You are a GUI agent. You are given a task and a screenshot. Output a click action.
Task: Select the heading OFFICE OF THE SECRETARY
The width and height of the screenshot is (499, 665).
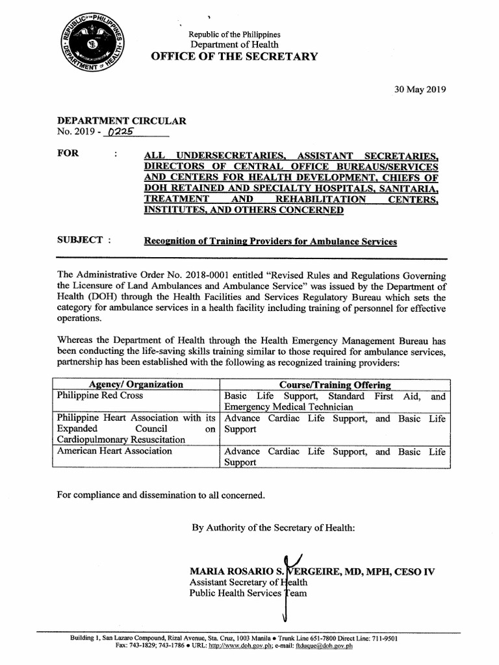click(235, 56)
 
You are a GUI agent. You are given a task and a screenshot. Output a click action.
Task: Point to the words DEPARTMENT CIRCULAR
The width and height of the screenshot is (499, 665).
click(122, 121)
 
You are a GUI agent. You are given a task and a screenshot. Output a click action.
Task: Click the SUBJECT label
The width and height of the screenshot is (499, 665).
click(81, 240)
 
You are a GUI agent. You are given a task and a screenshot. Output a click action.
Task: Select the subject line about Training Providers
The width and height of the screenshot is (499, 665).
click(270, 242)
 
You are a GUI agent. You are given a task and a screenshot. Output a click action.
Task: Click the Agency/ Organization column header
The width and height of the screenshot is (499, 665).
click(136, 384)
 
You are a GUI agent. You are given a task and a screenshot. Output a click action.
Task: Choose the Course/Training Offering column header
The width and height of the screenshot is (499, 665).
click(335, 385)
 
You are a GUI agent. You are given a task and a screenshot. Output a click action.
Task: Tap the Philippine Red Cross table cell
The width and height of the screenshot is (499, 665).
click(100, 395)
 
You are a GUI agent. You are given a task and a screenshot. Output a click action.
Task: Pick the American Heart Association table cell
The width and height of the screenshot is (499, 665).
click(114, 451)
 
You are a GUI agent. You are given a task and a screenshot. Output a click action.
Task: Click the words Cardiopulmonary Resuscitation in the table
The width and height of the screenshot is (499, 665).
click(120, 440)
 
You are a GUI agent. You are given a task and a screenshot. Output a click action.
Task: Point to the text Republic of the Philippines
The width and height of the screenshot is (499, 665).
click(234, 34)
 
